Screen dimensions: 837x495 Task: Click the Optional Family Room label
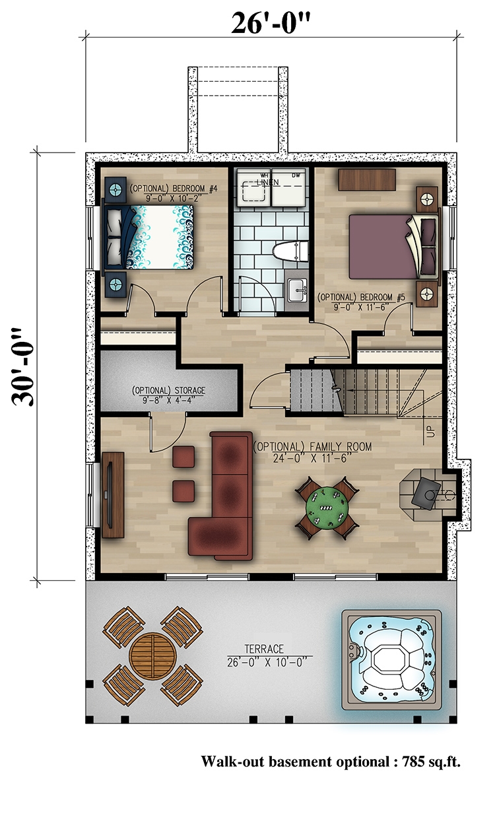312,452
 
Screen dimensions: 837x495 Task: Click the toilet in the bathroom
290,251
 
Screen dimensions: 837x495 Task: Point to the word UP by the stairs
430,433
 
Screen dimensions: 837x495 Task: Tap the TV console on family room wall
114,488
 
